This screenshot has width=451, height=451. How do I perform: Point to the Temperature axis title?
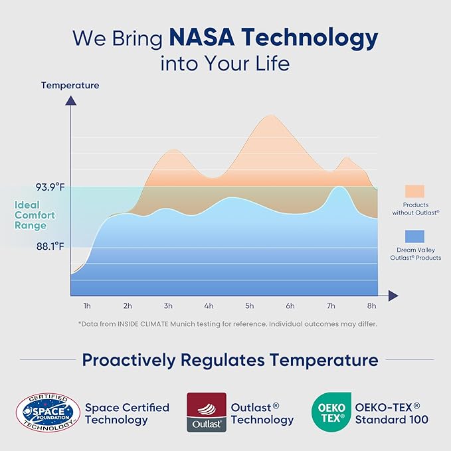(70, 85)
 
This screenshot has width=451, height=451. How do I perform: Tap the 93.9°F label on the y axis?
(50, 187)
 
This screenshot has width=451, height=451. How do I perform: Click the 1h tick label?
(86, 306)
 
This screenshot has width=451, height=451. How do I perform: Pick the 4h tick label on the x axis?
(209, 306)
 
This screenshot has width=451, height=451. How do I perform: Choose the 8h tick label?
(371, 306)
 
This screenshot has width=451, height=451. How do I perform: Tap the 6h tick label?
(290, 306)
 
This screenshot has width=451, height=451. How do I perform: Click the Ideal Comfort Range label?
(35, 215)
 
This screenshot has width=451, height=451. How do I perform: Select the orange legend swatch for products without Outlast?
(414, 191)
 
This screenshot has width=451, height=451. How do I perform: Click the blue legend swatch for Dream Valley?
(414, 236)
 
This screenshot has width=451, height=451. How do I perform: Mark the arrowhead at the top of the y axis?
(69, 100)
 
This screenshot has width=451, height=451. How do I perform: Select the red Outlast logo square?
(207, 412)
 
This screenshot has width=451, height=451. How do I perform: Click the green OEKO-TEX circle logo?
(329, 412)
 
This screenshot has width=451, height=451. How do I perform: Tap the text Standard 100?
(392, 420)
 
